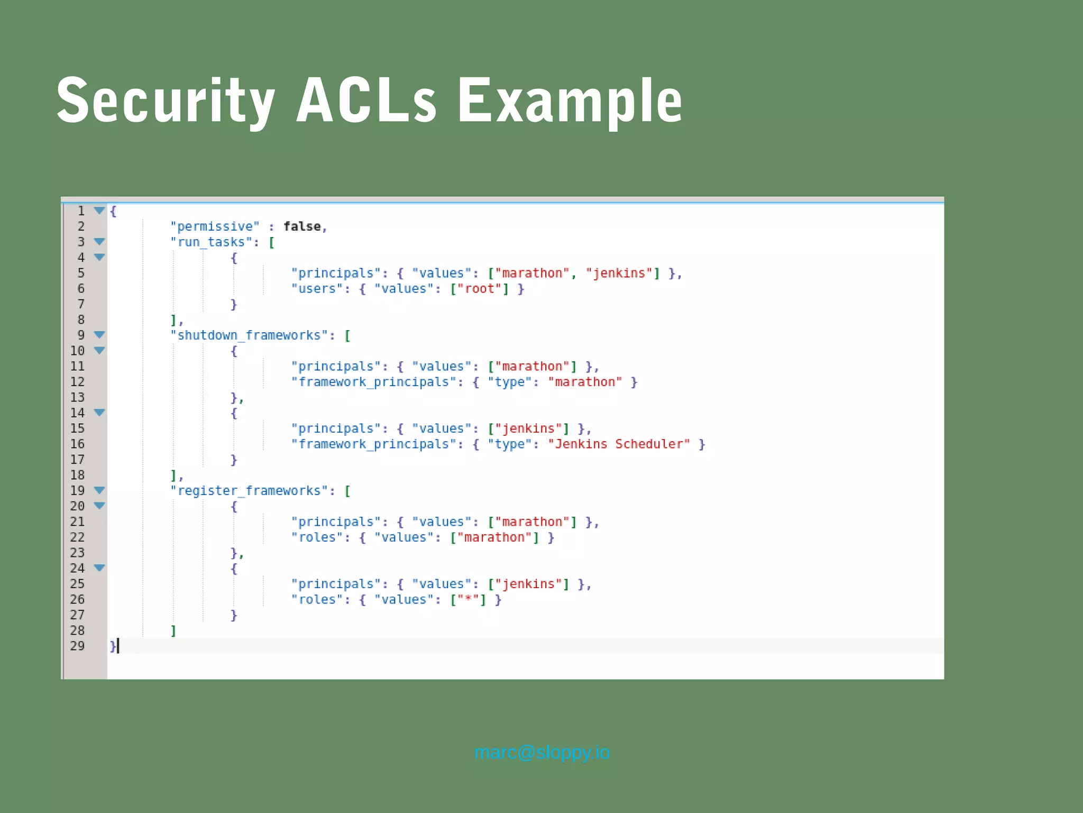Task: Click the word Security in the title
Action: point(166,101)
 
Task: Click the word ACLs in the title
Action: point(366,101)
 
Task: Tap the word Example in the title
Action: point(570,101)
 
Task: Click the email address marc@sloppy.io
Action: point(541,752)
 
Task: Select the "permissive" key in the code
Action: point(215,226)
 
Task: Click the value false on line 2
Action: point(302,226)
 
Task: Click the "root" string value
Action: point(479,289)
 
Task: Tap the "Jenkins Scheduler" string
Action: point(619,444)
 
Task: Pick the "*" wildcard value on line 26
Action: point(467,599)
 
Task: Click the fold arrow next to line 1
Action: point(99,211)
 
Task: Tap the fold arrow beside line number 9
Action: point(99,335)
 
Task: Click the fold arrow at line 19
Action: point(99,490)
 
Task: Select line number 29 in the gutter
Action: point(77,646)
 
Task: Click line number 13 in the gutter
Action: point(77,397)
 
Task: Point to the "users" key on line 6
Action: point(317,289)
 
